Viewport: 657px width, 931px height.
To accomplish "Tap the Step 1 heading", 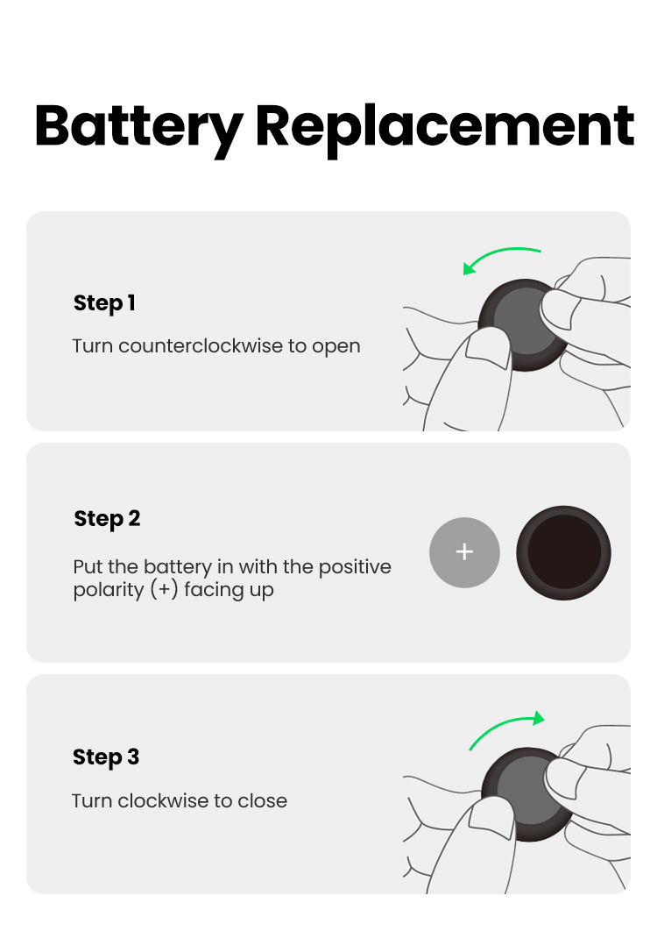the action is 104,303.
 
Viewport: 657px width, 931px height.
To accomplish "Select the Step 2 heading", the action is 107,519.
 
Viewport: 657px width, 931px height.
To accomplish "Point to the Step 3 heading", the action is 106,757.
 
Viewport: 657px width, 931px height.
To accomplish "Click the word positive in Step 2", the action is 355,567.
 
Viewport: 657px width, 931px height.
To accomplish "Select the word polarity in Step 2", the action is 109,591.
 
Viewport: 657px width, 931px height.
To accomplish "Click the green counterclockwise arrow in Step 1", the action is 498,253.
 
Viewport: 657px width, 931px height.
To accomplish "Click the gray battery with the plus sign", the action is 464,553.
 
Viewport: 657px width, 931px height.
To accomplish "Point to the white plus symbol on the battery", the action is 464,552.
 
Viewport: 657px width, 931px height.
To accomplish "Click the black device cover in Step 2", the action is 563,553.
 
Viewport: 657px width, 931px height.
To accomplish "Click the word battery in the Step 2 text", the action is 178,567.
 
